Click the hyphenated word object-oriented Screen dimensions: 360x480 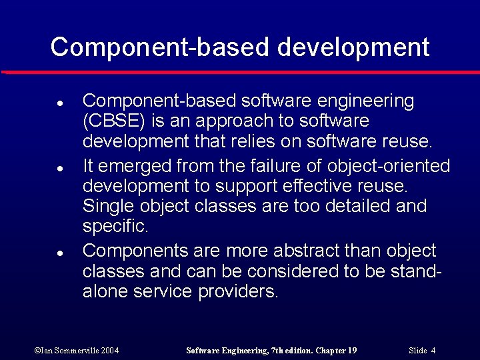coord(389,165)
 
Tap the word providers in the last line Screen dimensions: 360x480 coord(238,292)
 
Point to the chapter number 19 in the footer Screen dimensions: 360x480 coord(352,350)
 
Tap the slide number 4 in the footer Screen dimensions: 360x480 coord(433,350)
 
